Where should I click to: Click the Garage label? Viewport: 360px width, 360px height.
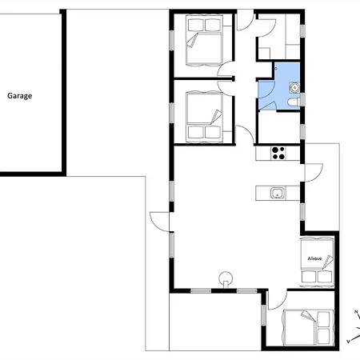click(20, 96)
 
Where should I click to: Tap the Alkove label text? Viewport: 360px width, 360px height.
click(314, 258)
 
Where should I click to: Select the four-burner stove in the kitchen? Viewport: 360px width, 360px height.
click(278, 153)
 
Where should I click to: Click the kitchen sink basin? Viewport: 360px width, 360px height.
click(278, 193)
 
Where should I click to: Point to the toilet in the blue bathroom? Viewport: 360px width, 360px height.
click(294, 102)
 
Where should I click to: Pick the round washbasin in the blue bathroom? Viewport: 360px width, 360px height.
click(294, 87)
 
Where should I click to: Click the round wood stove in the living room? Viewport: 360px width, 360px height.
click(226, 279)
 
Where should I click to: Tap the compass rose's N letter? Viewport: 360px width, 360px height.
click(356, 312)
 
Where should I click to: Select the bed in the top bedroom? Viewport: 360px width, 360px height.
click(204, 40)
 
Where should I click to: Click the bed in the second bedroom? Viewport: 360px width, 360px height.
click(204, 116)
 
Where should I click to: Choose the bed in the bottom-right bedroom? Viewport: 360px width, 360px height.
click(309, 328)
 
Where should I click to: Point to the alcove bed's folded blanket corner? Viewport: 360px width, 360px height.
click(328, 262)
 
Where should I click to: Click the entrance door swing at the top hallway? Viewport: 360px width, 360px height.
click(245, 21)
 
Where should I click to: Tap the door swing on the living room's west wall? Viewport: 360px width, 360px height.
click(159, 222)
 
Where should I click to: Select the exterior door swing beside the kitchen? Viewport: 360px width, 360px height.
click(314, 173)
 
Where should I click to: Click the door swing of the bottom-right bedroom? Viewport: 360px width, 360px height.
click(278, 300)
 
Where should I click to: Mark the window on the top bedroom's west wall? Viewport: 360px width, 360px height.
click(171, 40)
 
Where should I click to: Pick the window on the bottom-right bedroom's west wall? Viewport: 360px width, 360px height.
click(263, 315)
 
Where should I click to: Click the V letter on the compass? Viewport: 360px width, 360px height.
click(348, 342)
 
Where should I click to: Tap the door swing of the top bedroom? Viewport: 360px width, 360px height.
click(226, 69)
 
